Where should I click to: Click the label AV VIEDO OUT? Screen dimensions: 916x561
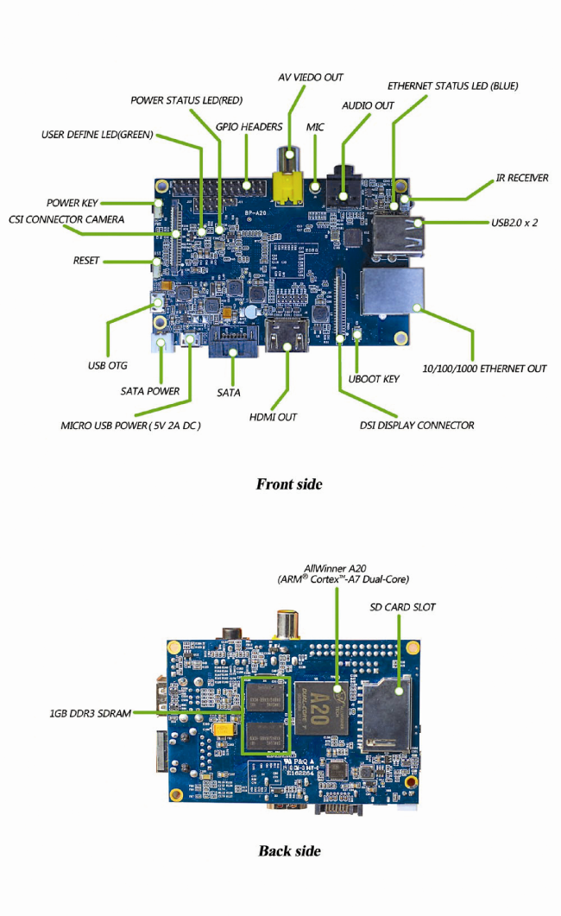311,78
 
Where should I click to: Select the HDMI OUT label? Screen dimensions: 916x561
273,417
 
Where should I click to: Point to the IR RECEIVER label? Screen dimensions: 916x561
522,178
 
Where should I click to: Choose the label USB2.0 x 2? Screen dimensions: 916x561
514,223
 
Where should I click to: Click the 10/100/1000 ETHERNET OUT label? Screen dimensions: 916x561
484,369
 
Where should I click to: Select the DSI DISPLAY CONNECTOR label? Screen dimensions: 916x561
417,425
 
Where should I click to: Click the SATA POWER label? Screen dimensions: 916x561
150,391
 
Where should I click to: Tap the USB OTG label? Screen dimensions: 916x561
108,366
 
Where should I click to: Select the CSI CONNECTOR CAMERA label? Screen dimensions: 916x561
66,219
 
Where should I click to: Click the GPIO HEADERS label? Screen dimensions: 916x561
249,127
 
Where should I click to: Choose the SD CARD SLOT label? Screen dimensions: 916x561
402,607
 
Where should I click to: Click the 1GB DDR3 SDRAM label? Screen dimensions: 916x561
90,714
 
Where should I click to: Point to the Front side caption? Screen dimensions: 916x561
289,484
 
